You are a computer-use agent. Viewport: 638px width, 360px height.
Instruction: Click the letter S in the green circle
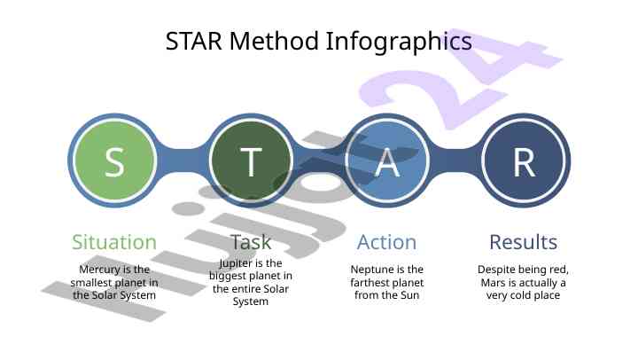click(114, 161)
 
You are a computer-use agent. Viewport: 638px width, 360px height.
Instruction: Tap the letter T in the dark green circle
click(251, 161)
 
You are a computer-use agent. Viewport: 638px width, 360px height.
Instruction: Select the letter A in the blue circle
click(387, 161)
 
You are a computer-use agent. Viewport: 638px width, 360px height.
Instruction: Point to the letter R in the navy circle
click(524, 161)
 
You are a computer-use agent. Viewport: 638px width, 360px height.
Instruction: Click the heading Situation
click(114, 242)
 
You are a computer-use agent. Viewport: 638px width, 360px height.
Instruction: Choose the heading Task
click(251, 242)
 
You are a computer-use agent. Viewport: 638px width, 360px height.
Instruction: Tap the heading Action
click(387, 242)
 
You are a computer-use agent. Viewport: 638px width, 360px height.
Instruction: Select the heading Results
click(524, 242)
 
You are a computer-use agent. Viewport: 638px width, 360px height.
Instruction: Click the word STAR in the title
click(194, 41)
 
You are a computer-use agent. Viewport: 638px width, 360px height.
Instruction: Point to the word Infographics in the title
click(399, 43)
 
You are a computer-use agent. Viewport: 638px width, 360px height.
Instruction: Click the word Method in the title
click(274, 41)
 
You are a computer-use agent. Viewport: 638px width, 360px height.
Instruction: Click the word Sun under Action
click(410, 295)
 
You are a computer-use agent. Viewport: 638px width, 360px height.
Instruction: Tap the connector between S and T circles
click(183, 160)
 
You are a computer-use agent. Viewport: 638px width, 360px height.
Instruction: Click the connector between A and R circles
click(455, 160)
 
